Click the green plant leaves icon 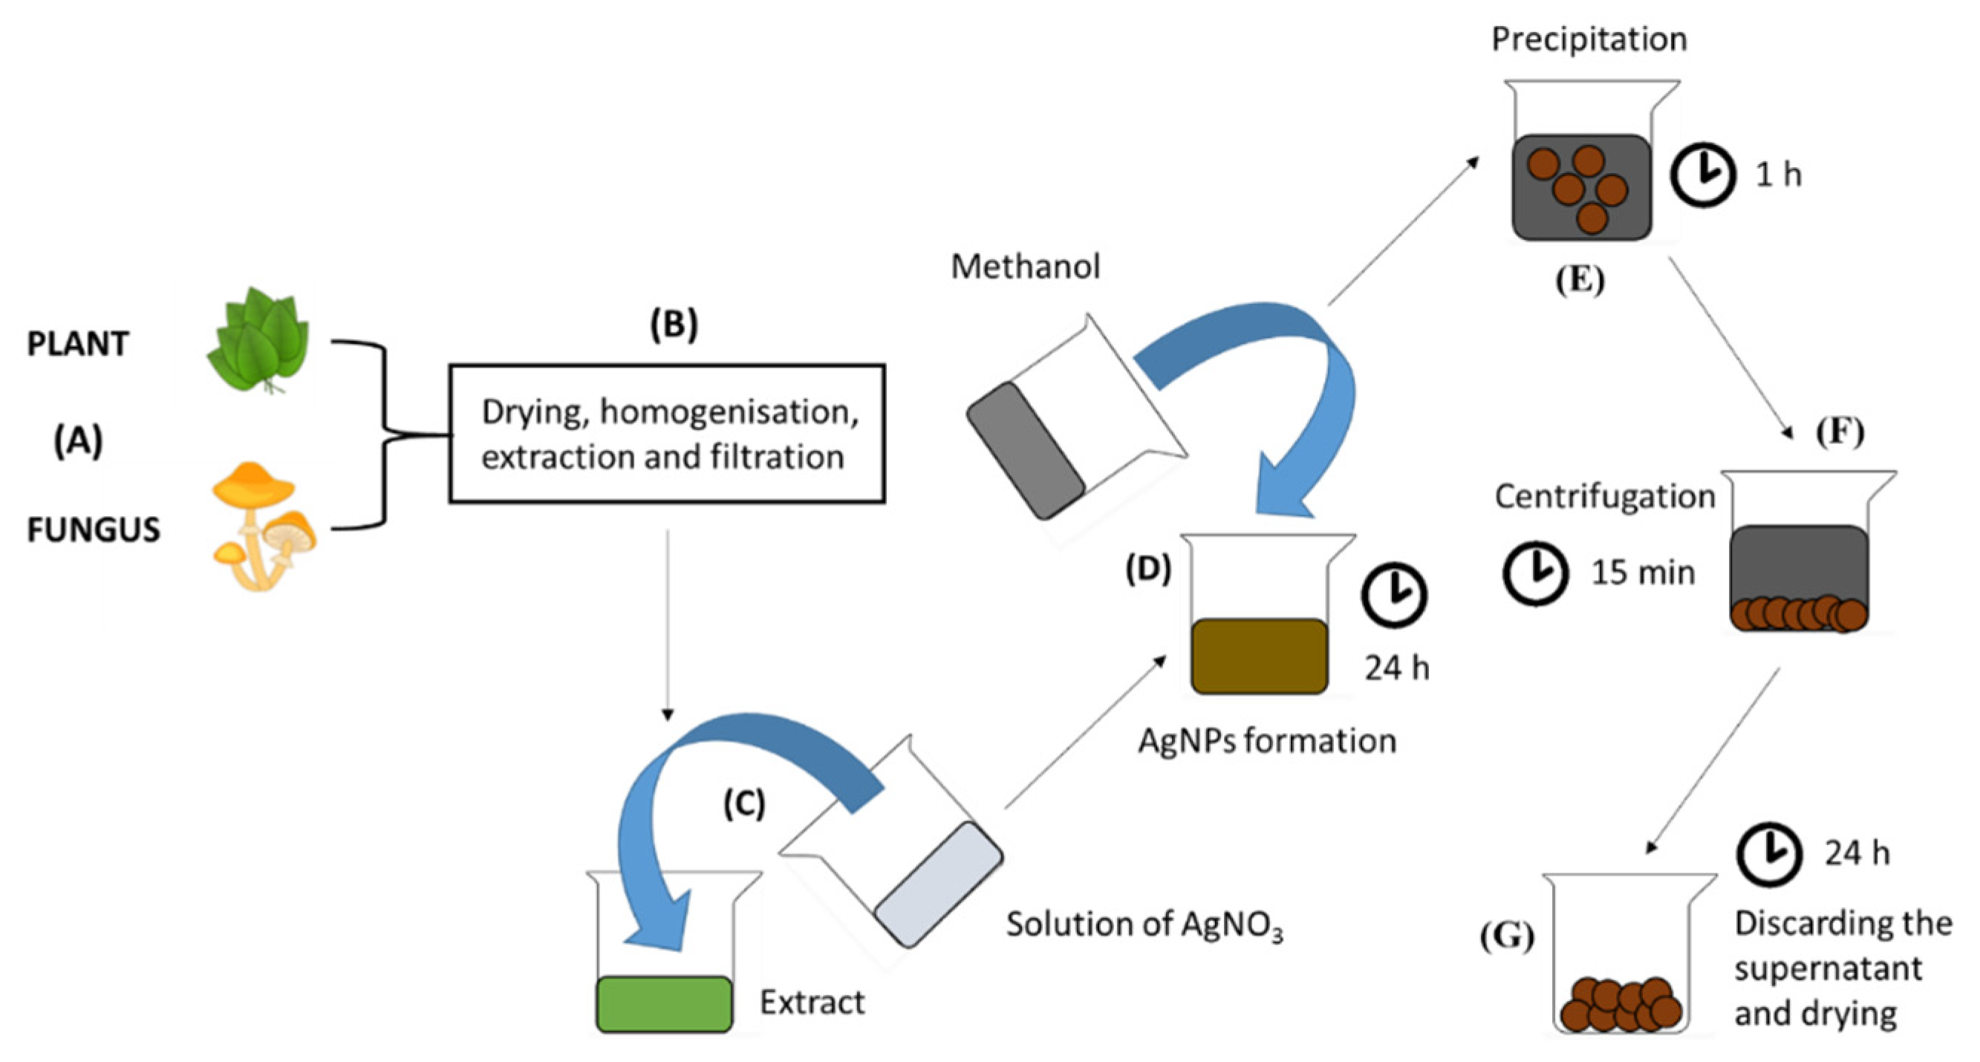260,342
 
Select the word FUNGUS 94,530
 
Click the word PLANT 78,344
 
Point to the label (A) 78,441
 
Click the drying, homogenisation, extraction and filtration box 666,434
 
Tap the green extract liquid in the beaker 664,1003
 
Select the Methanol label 1026,267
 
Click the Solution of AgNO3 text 1144,925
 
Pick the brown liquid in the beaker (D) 1259,657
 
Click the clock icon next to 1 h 1703,175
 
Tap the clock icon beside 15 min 1535,573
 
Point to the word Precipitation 1589,39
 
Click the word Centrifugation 1605,496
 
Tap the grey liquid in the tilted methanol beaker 1026,450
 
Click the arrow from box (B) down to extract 667,622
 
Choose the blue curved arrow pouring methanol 1306,384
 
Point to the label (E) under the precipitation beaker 1580,280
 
